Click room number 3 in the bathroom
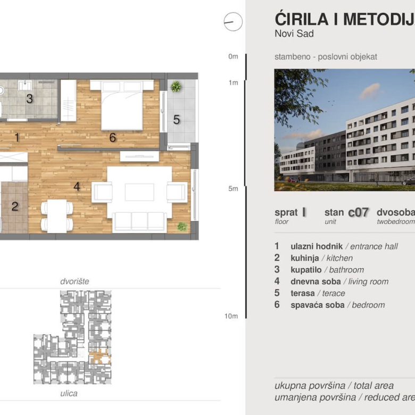tap(30, 98)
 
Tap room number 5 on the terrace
tap(177, 120)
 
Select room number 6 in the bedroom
tap(112, 138)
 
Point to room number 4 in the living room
tap(77, 187)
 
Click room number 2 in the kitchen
tap(15, 206)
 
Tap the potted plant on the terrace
tap(176, 86)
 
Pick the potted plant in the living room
tap(182, 226)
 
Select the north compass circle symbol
tap(233, 22)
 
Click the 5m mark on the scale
tap(233, 188)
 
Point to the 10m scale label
tap(231, 316)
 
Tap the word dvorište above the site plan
tap(74, 281)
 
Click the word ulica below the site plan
tap(69, 394)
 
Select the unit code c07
tap(358, 212)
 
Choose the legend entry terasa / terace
tap(318, 293)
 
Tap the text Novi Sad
tap(294, 34)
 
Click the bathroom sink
tap(24, 85)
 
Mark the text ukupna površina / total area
tap(334, 386)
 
